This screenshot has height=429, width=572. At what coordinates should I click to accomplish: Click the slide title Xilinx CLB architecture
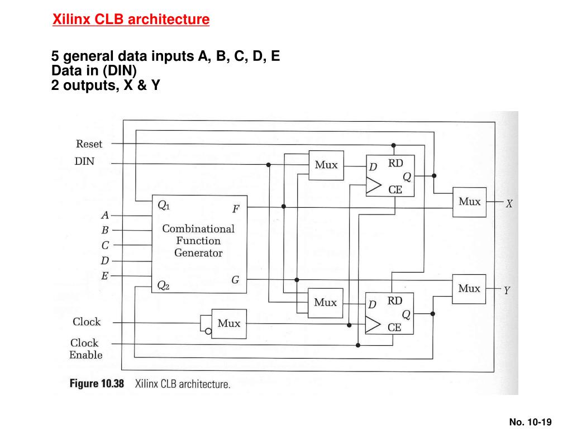pos(131,20)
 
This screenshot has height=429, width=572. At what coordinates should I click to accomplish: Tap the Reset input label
pos(89,144)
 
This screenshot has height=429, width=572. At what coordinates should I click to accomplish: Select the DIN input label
pos(84,161)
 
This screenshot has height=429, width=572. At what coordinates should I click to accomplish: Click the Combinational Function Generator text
pos(198,241)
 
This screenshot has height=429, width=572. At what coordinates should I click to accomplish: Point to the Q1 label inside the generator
pos(164,206)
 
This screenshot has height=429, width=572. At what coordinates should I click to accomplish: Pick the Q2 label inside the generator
pos(163,285)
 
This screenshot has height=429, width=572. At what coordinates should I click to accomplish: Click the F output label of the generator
pos(236,209)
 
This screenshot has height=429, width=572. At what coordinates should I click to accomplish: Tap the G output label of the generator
pos(235,280)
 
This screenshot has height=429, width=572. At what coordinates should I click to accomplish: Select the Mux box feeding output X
pos(469,202)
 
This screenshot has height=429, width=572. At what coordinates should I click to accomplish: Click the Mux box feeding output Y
pos(469,289)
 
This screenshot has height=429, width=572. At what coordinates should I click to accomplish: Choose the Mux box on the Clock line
pos(229,324)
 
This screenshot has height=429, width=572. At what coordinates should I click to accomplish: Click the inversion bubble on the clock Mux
pos(208,332)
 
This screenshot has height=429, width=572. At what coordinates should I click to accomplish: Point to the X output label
pos(509,204)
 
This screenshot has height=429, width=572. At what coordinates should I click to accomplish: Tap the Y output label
pos(507,290)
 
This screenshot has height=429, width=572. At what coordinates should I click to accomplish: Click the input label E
pos(104,276)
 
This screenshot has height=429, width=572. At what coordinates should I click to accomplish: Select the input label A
pos(105,215)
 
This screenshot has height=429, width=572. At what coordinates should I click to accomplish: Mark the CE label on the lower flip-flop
pos(394,327)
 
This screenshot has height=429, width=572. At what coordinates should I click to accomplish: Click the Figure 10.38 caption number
pos(97,384)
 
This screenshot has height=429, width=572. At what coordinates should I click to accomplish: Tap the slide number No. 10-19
pos(531,422)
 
